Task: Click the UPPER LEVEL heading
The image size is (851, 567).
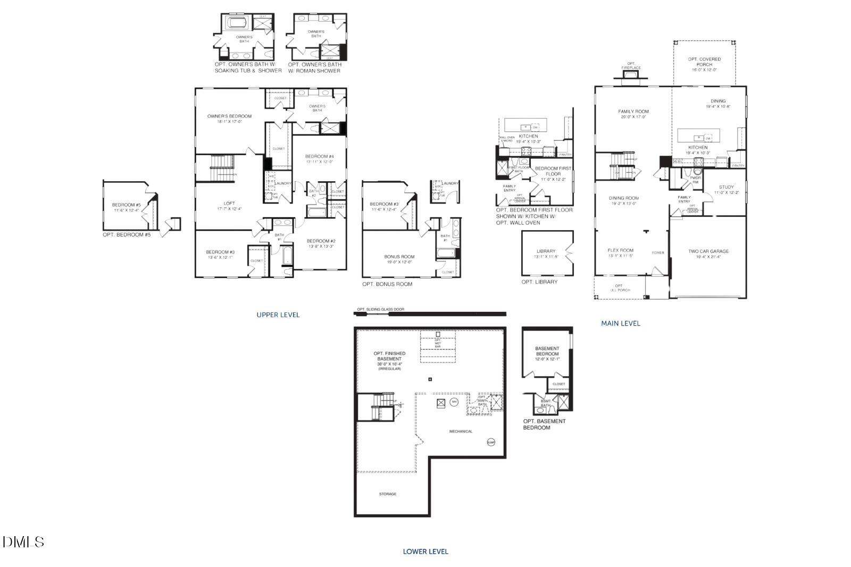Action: (278, 315)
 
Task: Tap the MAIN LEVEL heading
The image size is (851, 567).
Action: (620, 323)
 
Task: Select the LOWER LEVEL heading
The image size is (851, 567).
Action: (425, 552)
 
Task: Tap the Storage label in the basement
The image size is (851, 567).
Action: (387, 494)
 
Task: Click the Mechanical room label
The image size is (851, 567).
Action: (461, 431)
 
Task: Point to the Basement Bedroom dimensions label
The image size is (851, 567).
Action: (547, 359)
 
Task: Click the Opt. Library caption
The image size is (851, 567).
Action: (539, 282)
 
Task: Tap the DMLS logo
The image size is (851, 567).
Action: (23, 542)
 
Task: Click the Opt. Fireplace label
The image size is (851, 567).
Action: (631, 65)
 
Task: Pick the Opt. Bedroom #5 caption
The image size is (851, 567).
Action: (127, 234)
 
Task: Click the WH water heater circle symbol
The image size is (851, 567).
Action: (454, 402)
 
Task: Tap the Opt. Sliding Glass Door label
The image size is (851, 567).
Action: (380, 309)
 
